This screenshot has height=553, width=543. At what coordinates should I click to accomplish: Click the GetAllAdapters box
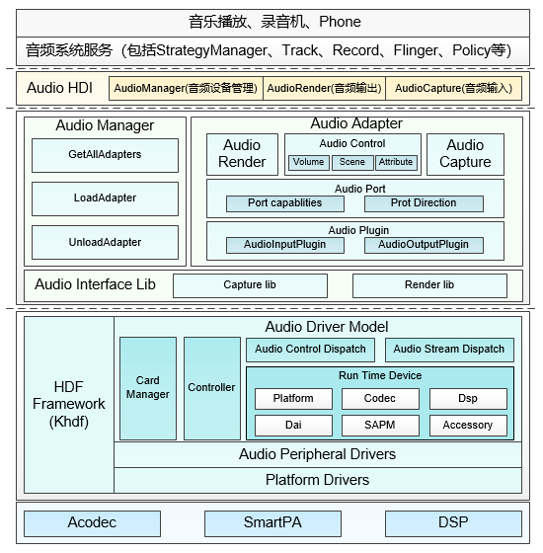(105, 156)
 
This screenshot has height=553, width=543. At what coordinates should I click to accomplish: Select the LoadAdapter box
(105, 198)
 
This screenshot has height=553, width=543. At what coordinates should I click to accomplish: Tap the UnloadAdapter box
(105, 243)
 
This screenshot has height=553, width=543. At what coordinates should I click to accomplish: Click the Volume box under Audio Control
(309, 163)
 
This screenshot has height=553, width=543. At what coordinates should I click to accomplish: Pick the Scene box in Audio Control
(352, 163)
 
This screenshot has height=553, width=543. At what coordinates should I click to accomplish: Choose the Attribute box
(396, 163)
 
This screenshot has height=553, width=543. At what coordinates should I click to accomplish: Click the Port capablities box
(285, 203)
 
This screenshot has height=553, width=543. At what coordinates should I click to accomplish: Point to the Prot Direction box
(424, 203)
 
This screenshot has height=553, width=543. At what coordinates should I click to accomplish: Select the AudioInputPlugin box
(285, 245)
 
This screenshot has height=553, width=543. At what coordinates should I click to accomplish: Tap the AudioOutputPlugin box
(424, 245)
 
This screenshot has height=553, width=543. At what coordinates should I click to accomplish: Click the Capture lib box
(250, 285)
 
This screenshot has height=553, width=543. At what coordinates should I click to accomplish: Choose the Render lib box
(429, 285)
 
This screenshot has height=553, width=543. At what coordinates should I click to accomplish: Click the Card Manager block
(148, 389)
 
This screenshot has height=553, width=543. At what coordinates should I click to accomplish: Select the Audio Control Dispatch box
(310, 350)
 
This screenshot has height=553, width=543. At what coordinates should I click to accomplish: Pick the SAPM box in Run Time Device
(380, 426)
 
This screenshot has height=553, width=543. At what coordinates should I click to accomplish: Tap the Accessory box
(468, 426)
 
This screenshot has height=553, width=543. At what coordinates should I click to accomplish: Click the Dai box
(294, 426)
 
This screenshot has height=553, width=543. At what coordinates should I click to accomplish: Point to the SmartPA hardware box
(272, 523)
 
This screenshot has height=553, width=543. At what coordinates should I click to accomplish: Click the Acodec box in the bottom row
(93, 523)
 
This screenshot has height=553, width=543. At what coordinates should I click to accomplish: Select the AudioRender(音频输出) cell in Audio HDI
(325, 88)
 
